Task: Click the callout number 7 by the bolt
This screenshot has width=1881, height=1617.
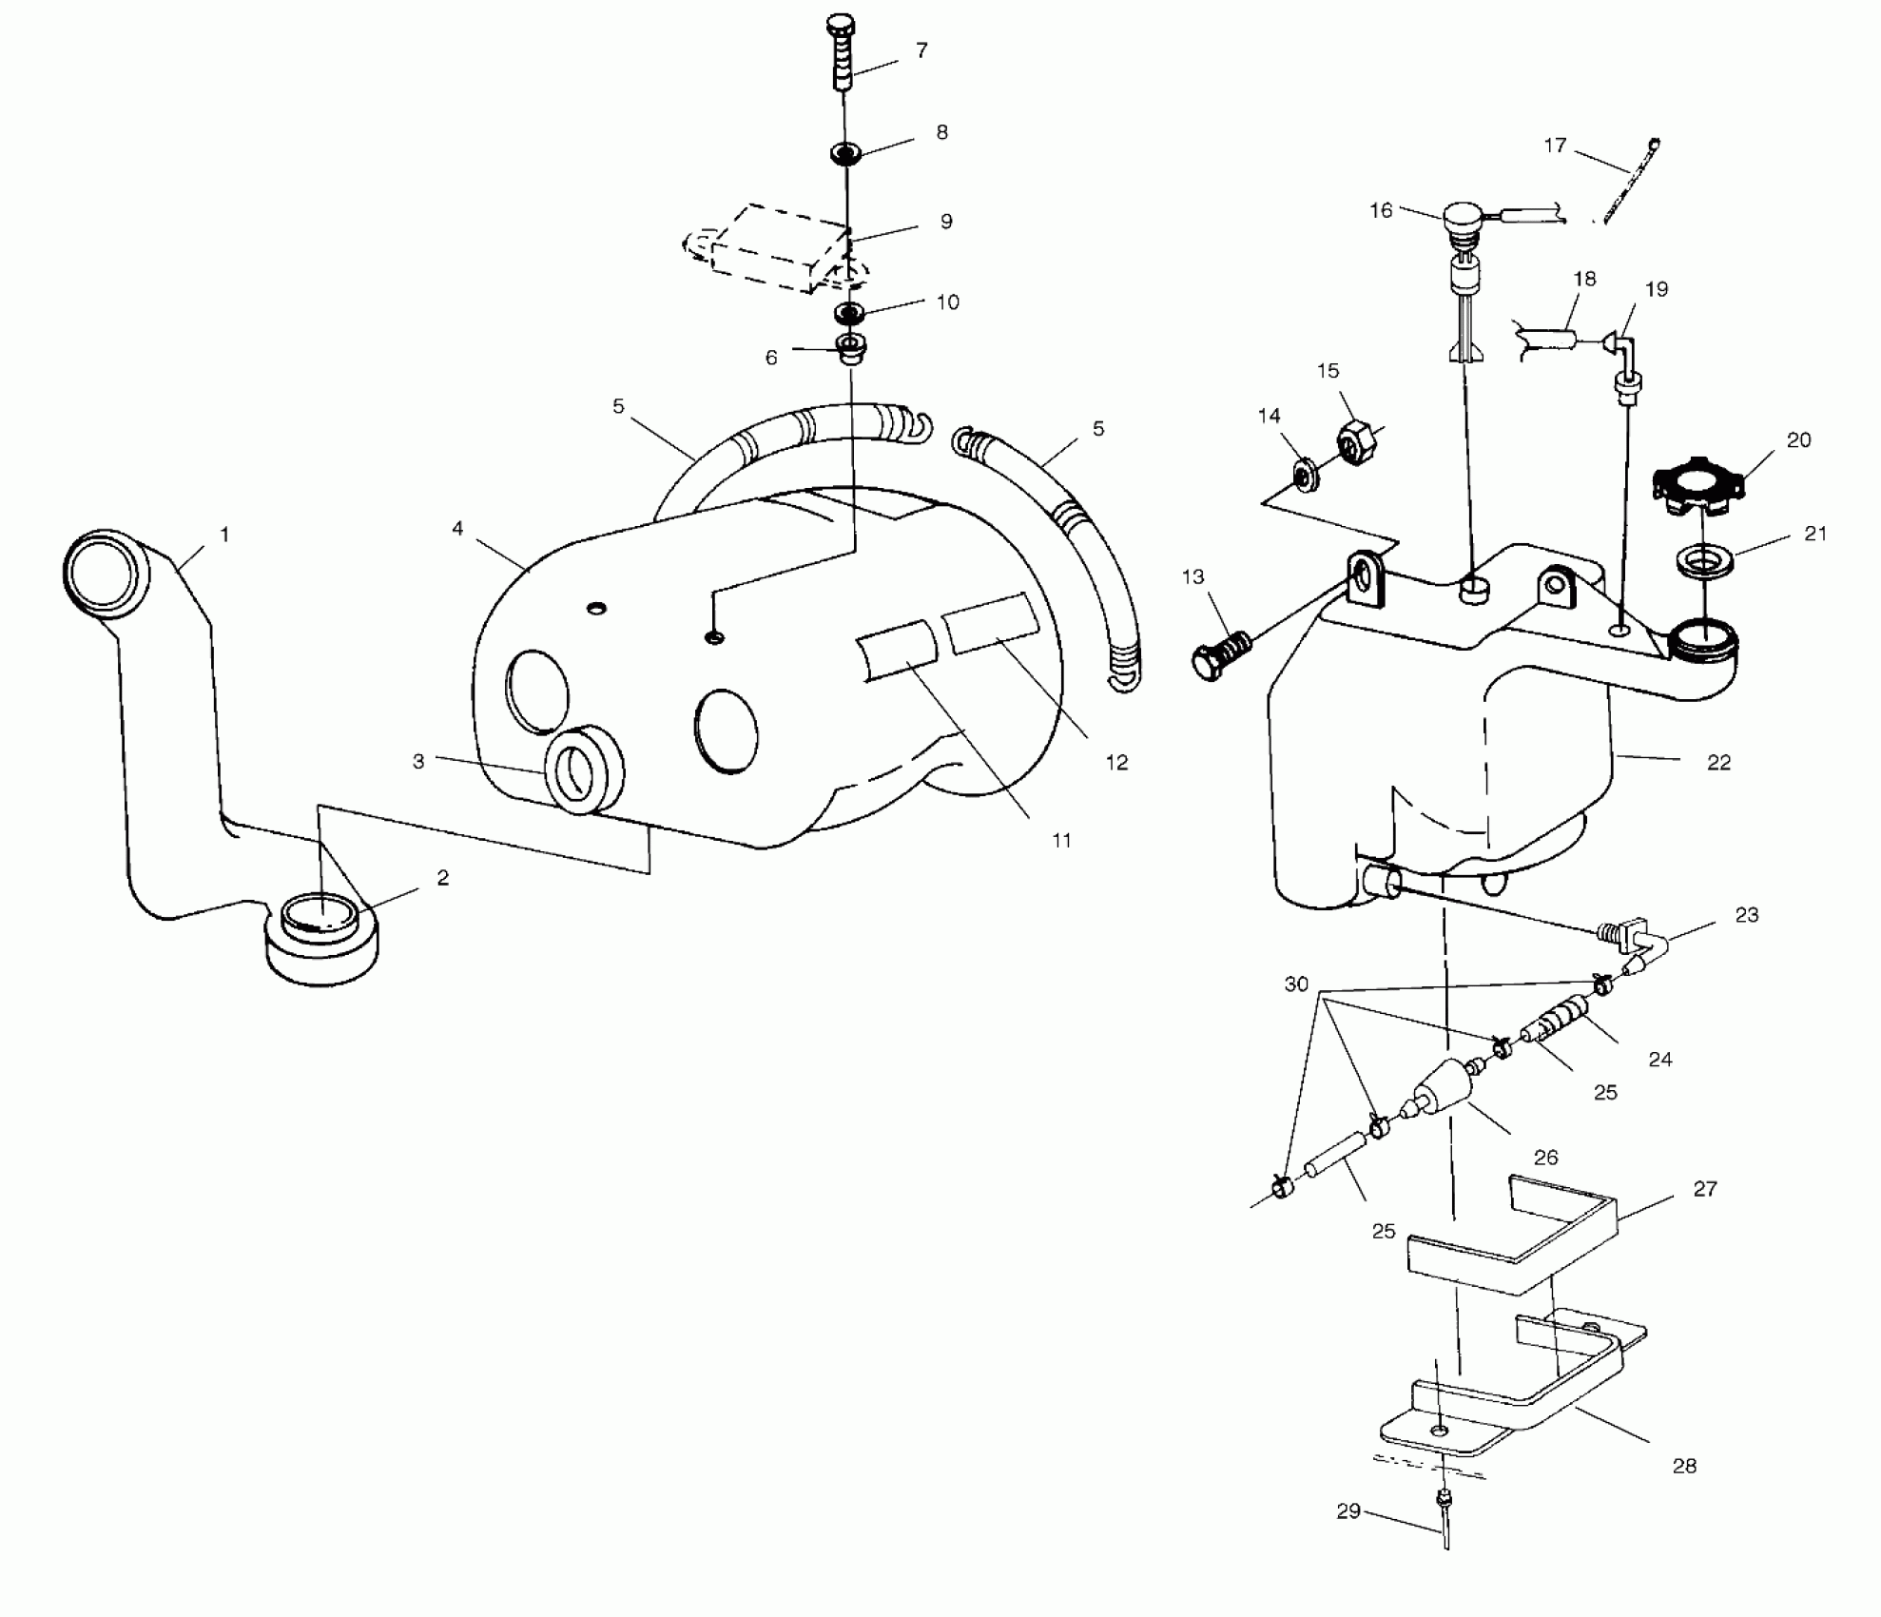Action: (921, 50)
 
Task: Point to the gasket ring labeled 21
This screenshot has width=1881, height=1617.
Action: (1704, 560)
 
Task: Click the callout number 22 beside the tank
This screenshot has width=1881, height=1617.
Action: (1718, 762)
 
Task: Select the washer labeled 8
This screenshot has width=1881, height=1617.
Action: (845, 152)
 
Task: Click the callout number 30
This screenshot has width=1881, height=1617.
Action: (1296, 984)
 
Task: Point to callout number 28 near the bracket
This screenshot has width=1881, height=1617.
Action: (1684, 1466)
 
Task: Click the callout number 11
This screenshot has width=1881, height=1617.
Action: (1061, 840)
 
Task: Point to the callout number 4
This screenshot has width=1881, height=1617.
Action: (457, 528)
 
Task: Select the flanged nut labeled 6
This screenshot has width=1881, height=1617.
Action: (849, 348)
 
